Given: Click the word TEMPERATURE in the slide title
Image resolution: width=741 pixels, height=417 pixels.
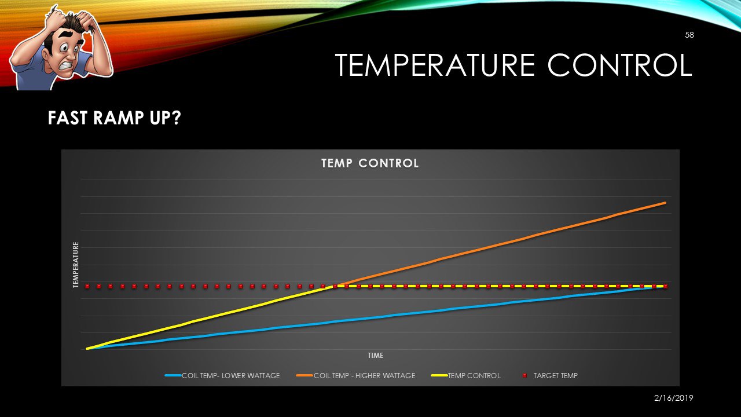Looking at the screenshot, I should (436, 65).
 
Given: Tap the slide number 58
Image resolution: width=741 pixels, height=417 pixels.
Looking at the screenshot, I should (689, 35).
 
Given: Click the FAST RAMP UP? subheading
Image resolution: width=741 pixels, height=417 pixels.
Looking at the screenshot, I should (115, 119).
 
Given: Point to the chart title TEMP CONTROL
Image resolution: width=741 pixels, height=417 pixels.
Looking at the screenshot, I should (370, 163).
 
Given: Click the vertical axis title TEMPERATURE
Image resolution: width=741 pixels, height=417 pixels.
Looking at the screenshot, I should (76, 265).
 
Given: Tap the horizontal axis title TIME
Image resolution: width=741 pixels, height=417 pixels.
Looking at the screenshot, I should (375, 356).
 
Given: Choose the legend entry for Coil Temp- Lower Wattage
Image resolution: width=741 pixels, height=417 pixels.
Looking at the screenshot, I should (230, 376).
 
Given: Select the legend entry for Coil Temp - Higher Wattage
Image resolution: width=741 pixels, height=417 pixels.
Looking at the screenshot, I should (364, 376).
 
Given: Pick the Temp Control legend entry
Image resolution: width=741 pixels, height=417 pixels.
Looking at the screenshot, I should (474, 376).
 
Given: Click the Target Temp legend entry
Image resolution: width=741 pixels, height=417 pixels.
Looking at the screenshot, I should (555, 376).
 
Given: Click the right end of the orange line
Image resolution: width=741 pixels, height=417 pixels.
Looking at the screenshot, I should (665, 203).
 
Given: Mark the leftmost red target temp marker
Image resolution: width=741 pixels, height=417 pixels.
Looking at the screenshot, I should (87, 286).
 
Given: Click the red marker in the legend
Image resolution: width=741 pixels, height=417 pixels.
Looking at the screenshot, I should (524, 376).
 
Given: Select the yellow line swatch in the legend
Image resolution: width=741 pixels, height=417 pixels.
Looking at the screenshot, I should (439, 376).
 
